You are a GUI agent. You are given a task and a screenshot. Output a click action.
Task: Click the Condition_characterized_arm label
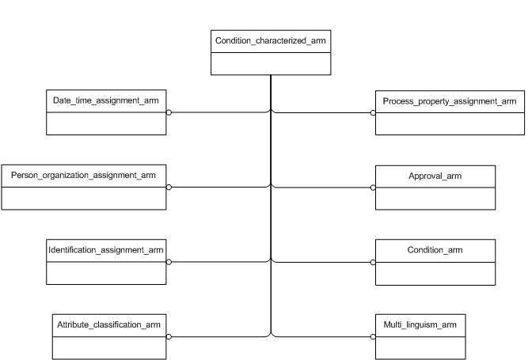[x=271, y=40]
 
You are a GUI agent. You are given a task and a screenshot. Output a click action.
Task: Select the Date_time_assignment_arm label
[x=107, y=101]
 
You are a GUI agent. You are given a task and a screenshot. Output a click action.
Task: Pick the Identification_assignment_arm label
[x=107, y=250]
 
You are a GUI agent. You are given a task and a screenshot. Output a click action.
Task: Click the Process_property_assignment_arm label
[x=449, y=101]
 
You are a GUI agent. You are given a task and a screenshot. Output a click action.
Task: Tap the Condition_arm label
[x=435, y=250]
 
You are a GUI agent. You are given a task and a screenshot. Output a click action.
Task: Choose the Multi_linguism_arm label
[x=420, y=325]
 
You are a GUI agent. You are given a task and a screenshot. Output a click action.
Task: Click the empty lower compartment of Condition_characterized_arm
[x=271, y=63]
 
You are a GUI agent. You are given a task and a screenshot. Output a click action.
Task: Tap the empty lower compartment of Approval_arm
[x=435, y=199]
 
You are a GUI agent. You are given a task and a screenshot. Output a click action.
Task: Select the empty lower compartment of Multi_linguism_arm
[x=420, y=347]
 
